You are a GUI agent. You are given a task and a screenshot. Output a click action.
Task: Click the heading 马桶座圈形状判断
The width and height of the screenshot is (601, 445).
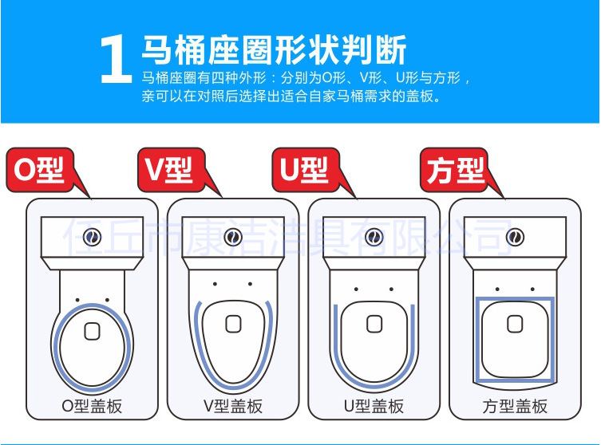point(274,49)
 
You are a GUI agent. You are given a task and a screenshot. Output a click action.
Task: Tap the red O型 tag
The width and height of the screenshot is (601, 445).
point(40,170)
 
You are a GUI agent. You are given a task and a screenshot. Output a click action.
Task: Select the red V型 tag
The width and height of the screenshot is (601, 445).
point(172,170)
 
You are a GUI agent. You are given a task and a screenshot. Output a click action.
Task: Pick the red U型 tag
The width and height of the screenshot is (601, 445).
point(306,170)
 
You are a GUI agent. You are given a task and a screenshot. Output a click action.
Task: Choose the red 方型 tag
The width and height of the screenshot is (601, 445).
point(454,170)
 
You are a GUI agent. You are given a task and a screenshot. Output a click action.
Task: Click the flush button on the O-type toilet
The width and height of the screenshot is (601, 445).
point(92,237)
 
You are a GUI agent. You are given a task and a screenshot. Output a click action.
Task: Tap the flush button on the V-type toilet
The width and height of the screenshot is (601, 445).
point(233,237)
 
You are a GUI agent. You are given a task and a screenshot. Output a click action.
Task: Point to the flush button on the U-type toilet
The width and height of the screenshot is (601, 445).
point(374,237)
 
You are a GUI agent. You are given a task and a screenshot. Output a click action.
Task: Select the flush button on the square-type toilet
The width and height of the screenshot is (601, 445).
point(515,237)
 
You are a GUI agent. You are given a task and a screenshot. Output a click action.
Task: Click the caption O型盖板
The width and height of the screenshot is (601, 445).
point(92,406)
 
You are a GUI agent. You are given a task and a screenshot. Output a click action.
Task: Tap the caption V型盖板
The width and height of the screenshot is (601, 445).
point(233,406)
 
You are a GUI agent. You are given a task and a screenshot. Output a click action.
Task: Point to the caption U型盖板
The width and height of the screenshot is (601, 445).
point(374,406)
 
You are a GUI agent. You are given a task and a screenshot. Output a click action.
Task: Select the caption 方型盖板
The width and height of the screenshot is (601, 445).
point(515,406)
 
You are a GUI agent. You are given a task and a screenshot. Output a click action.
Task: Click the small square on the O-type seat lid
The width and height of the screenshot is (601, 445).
point(92,331)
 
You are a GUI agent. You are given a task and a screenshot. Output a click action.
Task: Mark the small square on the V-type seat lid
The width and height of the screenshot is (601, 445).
point(233,324)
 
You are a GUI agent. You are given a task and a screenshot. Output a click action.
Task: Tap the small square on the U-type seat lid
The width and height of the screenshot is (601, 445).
point(374,324)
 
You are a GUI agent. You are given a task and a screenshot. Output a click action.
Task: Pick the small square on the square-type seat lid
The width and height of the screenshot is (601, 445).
point(515,324)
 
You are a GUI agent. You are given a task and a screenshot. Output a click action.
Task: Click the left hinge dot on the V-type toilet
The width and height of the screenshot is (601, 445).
point(215,284)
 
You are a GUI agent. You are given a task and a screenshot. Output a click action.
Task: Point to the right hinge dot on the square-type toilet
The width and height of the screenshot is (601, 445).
point(533,289)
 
